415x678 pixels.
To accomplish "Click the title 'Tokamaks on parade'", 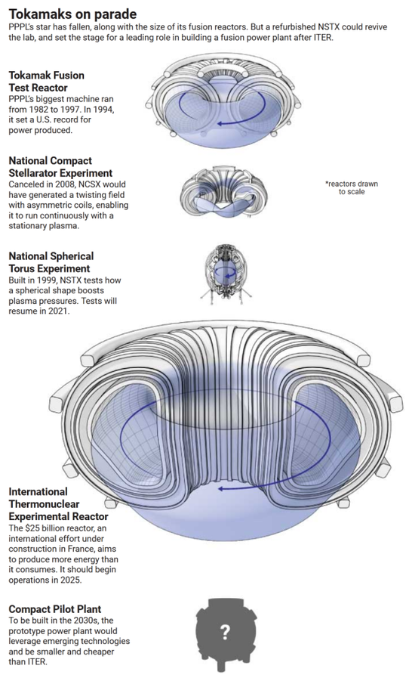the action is click(72, 14).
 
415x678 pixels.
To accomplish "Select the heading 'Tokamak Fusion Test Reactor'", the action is click(46, 82).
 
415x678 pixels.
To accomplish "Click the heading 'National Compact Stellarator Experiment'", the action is click(60, 167).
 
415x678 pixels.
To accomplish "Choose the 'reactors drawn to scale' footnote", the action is click(352, 187).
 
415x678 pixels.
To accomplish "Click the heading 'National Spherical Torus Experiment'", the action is click(51, 262).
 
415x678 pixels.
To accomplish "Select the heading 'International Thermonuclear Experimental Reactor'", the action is click(58, 503).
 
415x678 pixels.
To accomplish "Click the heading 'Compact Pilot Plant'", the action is click(55, 608).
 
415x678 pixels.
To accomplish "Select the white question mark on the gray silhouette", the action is click(225, 633).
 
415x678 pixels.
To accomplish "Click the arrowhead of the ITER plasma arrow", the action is click(220, 488).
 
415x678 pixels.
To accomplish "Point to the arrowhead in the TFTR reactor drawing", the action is click(220, 124).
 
